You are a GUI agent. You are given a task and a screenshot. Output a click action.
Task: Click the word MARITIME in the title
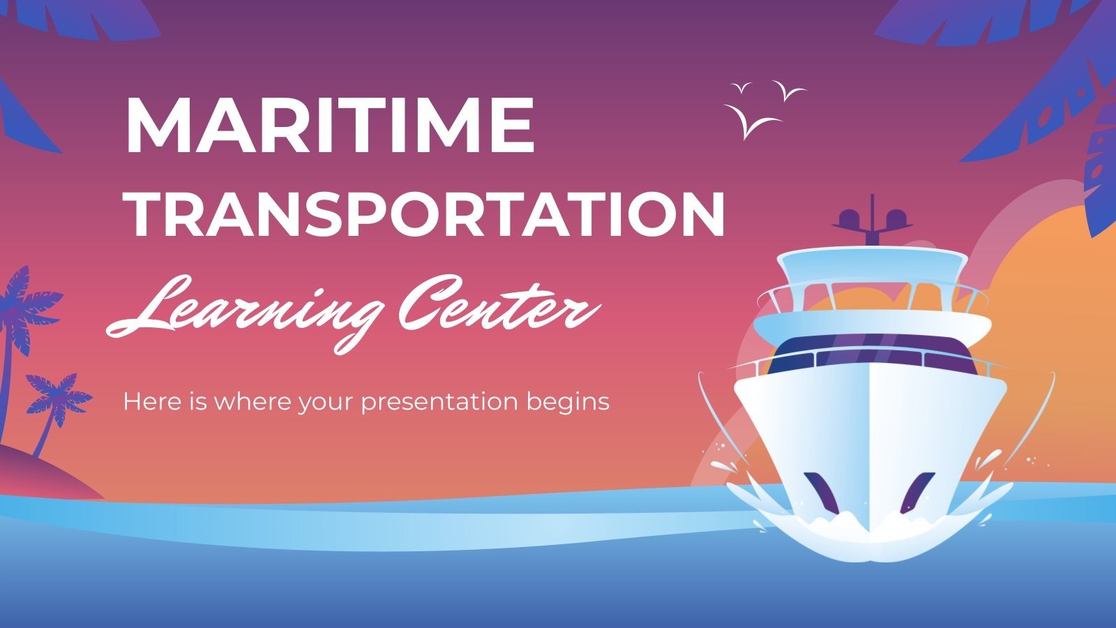coord(330,126)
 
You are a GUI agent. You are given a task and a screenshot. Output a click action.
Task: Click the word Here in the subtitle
coord(149,402)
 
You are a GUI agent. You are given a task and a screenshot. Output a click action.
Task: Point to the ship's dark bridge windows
coord(872,352)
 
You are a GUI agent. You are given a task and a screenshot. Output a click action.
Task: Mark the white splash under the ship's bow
coord(868,530)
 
